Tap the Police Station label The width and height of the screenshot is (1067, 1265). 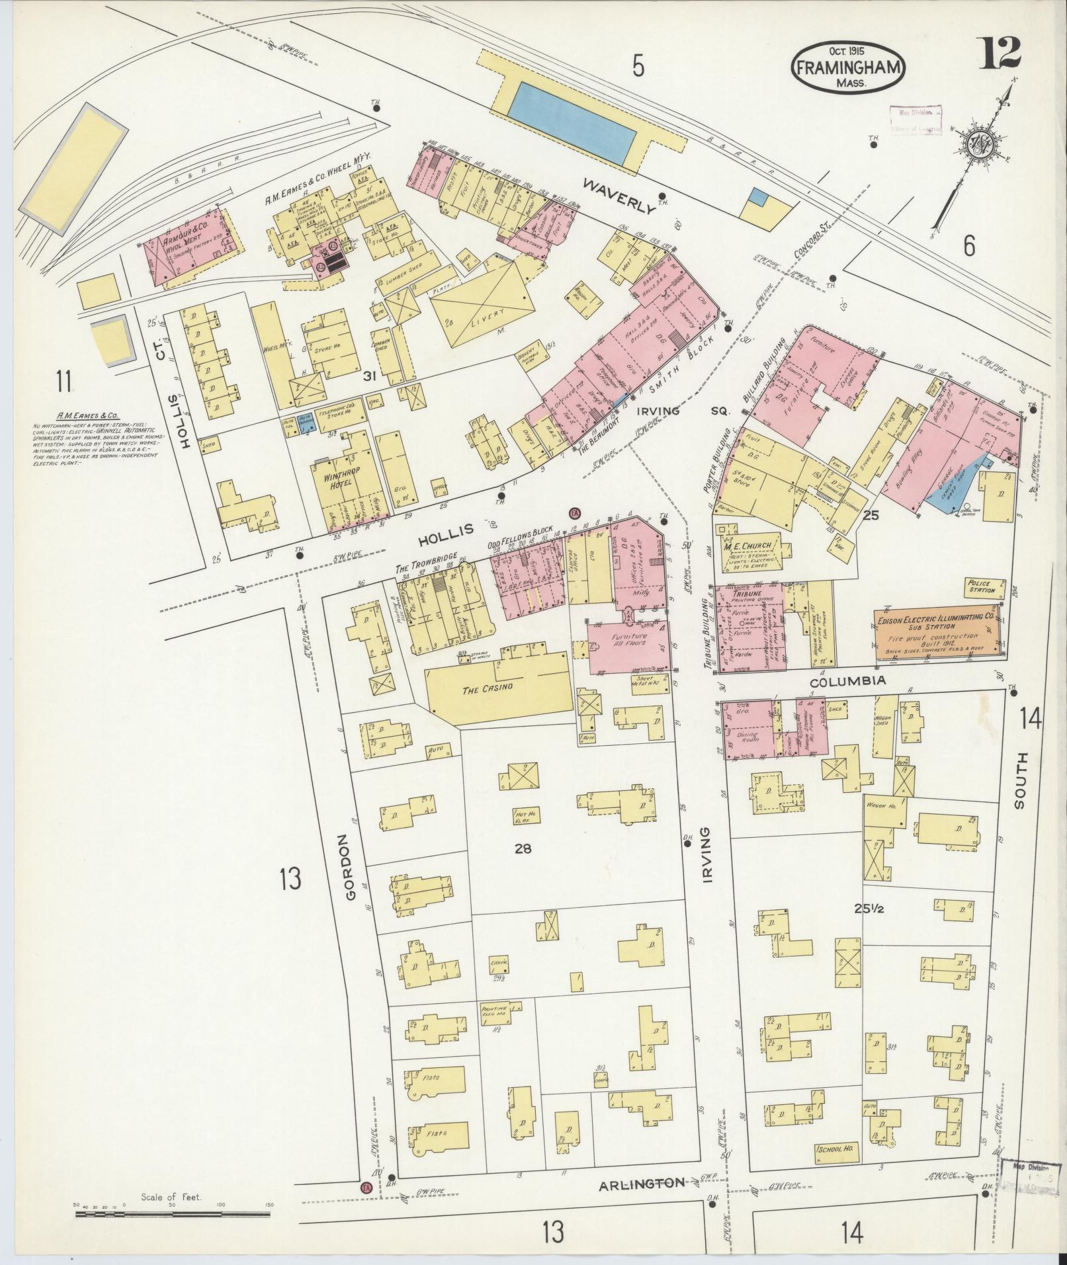(x=980, y=587)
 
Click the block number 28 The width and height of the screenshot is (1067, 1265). (x=523, y=848)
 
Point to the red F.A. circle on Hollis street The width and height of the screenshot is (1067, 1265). (x=574, y=513)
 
